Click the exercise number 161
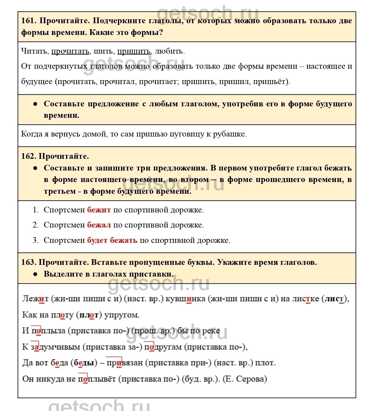pyautogui.click(x=28, y=21)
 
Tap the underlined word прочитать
pyautogui.click(x=70, y=51)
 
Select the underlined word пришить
pyautogui.click(x=134, y=51)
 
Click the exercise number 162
pyautogui.click(x=29, y=156)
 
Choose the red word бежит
pyautogui.click(x=99, y=210)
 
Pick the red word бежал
pyautogui.click(x=99, y=225)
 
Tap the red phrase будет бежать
pyautogui.click(x=112, y=240)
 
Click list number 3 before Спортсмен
pyautogui.click(x=36, y=240)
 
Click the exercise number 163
pyautogui.click(x=29, y=262)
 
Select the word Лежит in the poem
pyautogui.click(x=35, y=299)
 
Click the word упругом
pyautogui.click(x=121, y=315)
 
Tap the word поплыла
pyautogui.click(x=48, y=331)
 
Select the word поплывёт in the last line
pyautogui.click(x=97, y=379)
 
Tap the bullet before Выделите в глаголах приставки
pyautogui.click(x=35, y=274)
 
